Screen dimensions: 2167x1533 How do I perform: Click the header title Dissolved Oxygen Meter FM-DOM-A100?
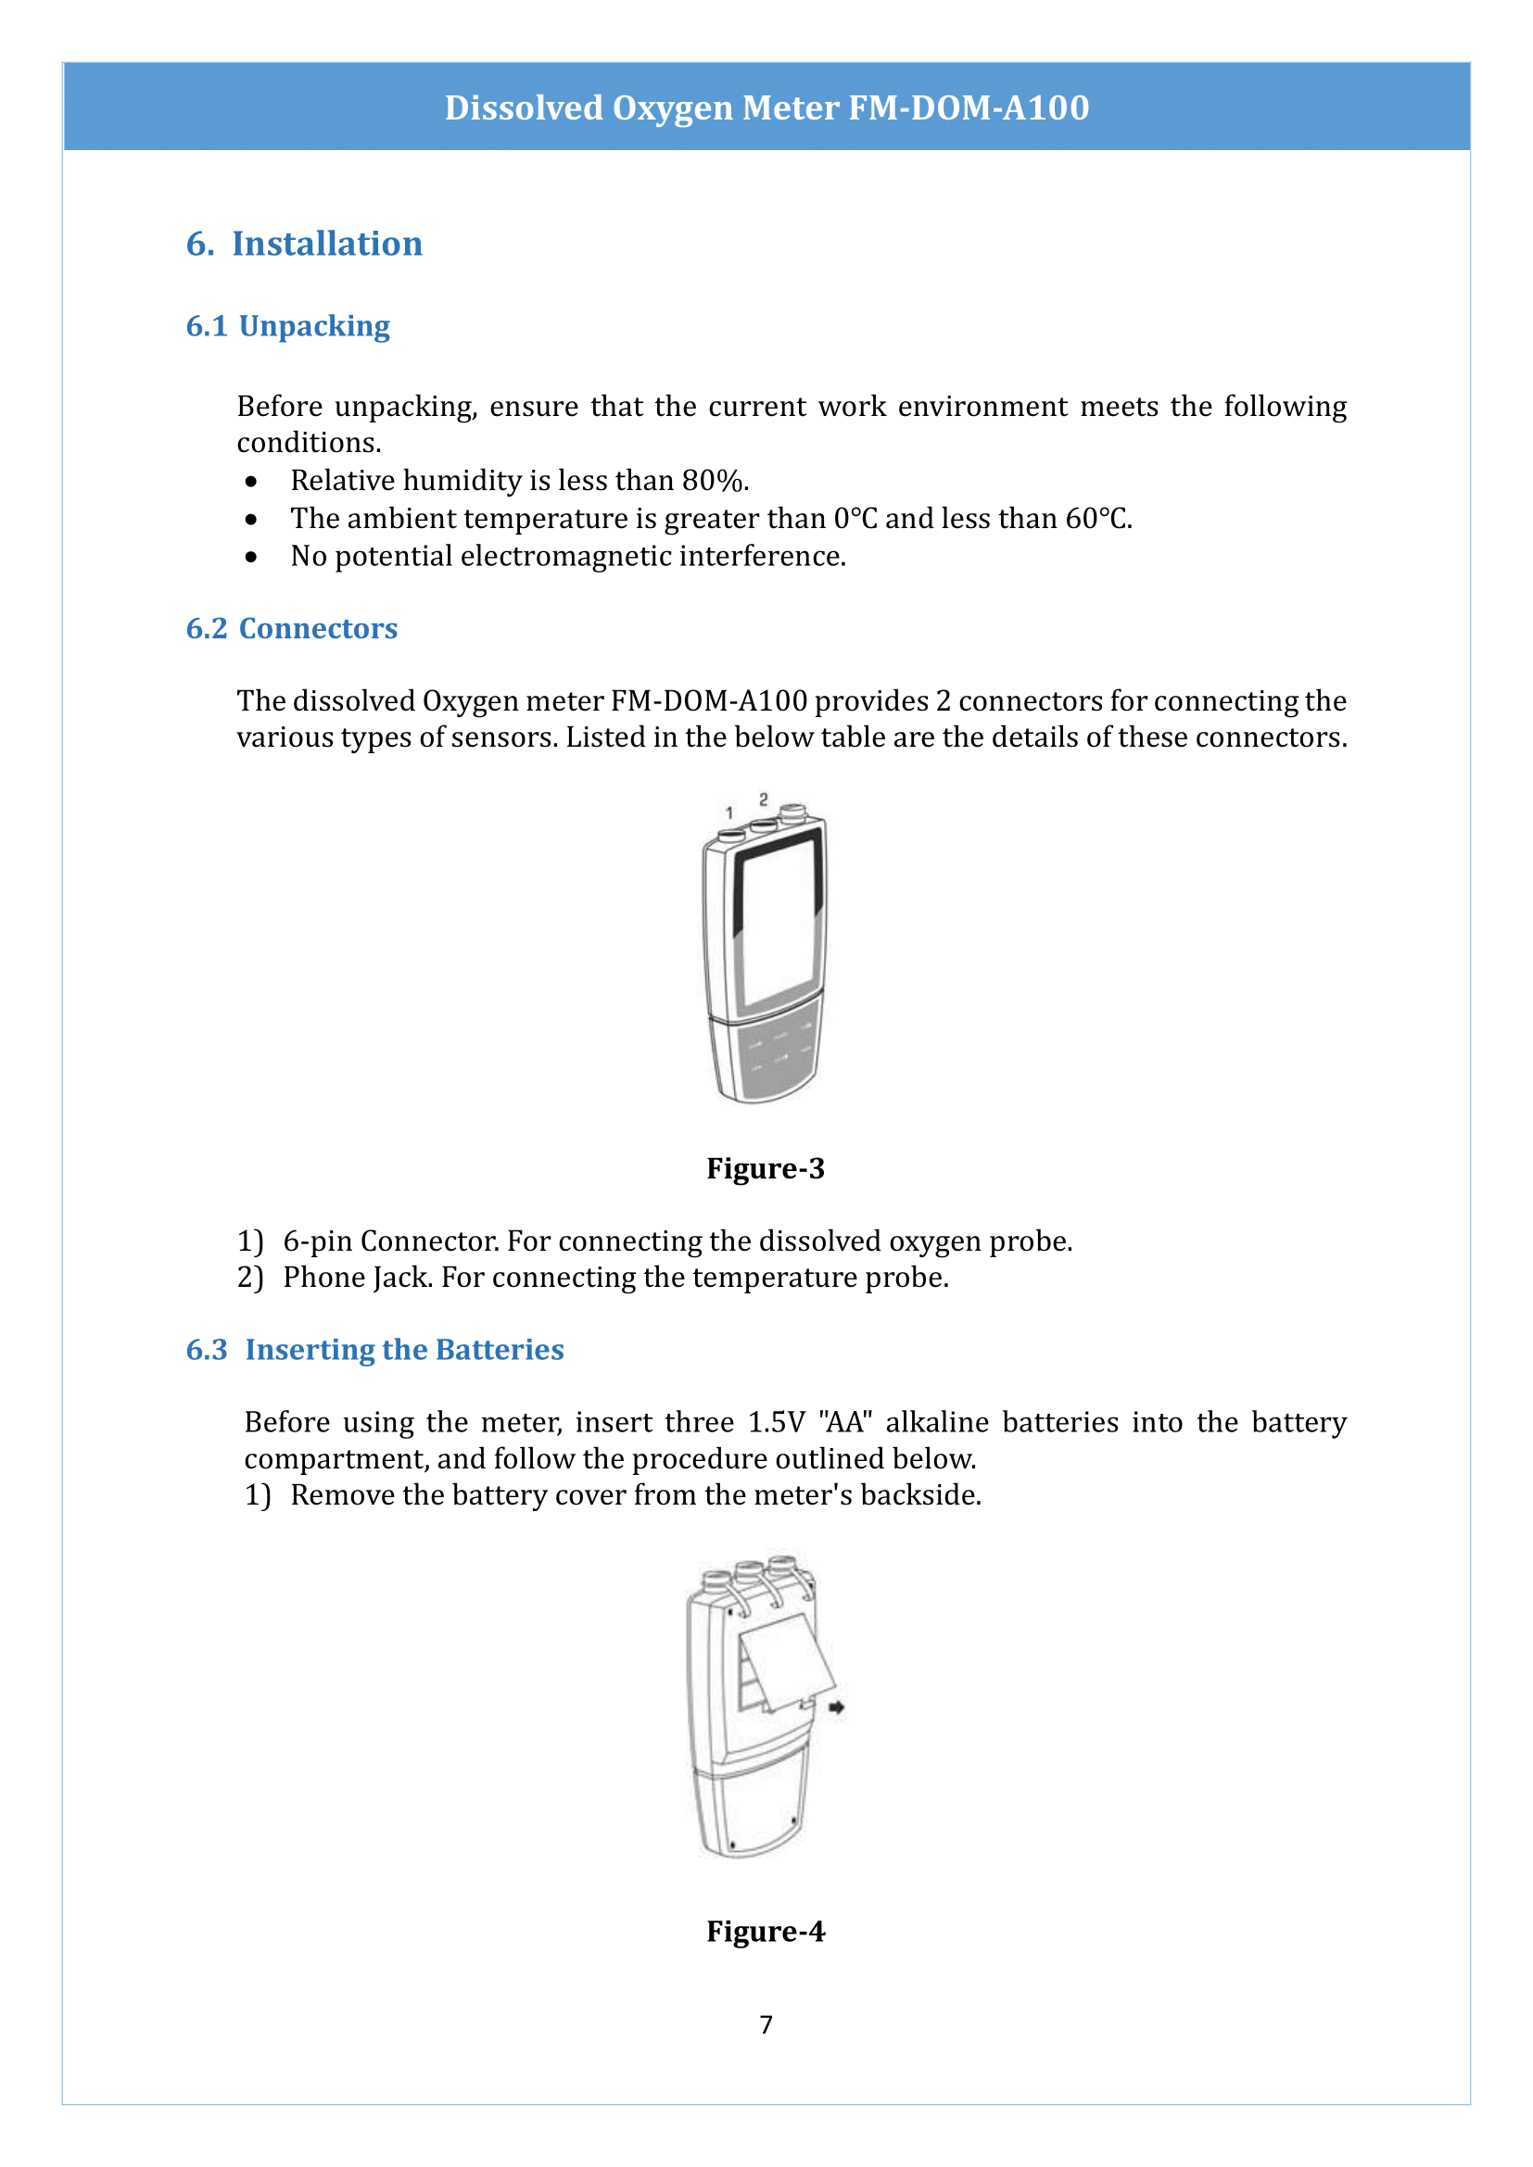pyautogui.click(x=766, y=107)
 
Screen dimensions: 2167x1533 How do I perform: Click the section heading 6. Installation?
pyautogui.click(x=304, y=244)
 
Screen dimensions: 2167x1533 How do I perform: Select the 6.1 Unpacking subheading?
pyautogui.click(x=288, y=325)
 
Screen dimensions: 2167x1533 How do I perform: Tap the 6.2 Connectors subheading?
pyautogui.click(x=292, y=627)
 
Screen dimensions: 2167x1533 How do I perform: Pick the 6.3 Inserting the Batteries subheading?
pyautogui.click(x=374, y=1349)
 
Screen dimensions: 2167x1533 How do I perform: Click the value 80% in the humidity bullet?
pyautogui.click(x=713, y=481)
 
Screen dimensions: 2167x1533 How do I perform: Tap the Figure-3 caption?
pyautogui.click(x=766, y=1168)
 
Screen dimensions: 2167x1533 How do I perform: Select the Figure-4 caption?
pyautogui.click(x=766, y=1931)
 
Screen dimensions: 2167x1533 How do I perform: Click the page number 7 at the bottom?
pyautogui.click(x=766, y=2024)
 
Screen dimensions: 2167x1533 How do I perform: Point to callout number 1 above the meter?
pyautogui.click(x=728, y=813)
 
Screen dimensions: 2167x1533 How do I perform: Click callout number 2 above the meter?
pyautogui.click(x=764, y=800)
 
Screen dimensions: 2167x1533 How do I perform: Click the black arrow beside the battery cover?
pyautogui.click(x=836, y=1707)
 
